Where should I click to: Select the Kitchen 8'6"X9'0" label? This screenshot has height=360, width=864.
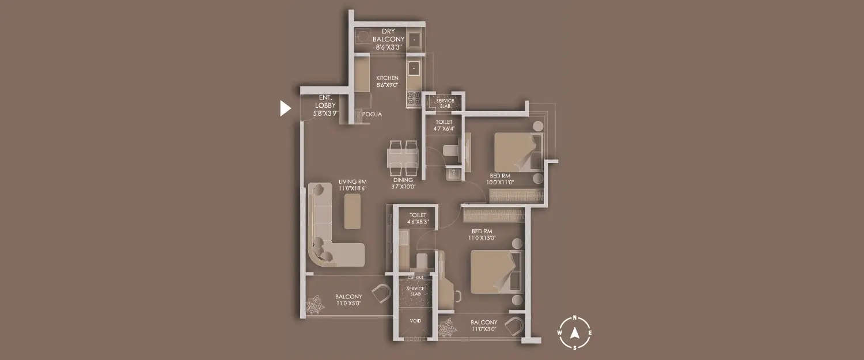coord(387,81)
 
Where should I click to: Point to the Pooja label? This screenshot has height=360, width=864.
coord(372,115)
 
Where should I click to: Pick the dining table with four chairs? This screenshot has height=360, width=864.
coord(402,157)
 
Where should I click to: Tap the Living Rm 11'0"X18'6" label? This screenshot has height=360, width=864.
coord(353,185)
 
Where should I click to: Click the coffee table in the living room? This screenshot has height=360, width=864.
coord(353,211)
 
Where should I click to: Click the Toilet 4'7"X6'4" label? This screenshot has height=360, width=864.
coord(444,125)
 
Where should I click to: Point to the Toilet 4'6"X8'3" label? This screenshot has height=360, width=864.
coord(417,218)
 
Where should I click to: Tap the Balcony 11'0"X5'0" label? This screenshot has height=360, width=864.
coord(349,300)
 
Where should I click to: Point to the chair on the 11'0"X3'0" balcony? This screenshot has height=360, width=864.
coord(514,327)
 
